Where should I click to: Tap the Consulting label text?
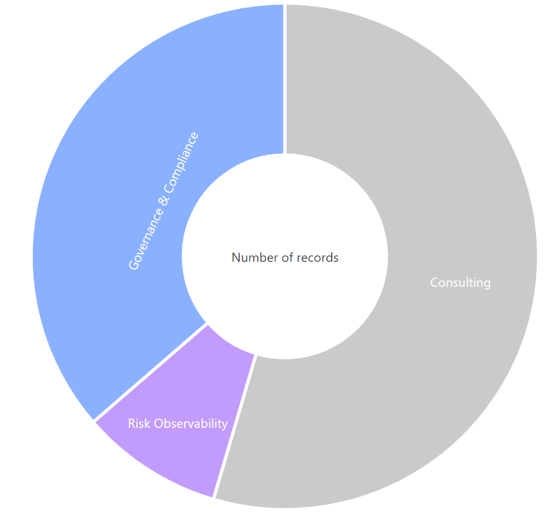460,283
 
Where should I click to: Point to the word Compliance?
182,162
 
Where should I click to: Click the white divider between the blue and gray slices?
285,79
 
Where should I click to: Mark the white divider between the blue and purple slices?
151,371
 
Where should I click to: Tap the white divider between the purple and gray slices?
234,426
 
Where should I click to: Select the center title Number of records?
285,257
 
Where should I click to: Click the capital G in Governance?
134,264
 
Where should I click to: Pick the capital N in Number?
236,257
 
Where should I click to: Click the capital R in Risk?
132,424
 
